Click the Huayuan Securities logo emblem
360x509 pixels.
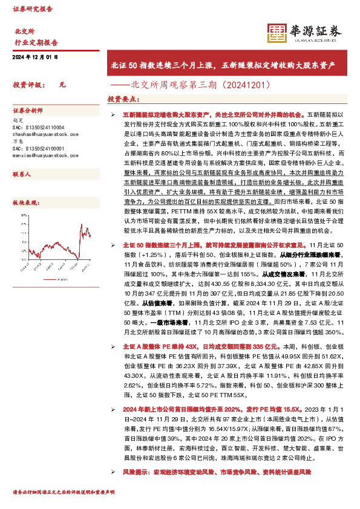click(277, 34)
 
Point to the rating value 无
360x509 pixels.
click(62, 85)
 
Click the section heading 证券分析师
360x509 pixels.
click(28, 111)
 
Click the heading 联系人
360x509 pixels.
click(22, 173)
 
